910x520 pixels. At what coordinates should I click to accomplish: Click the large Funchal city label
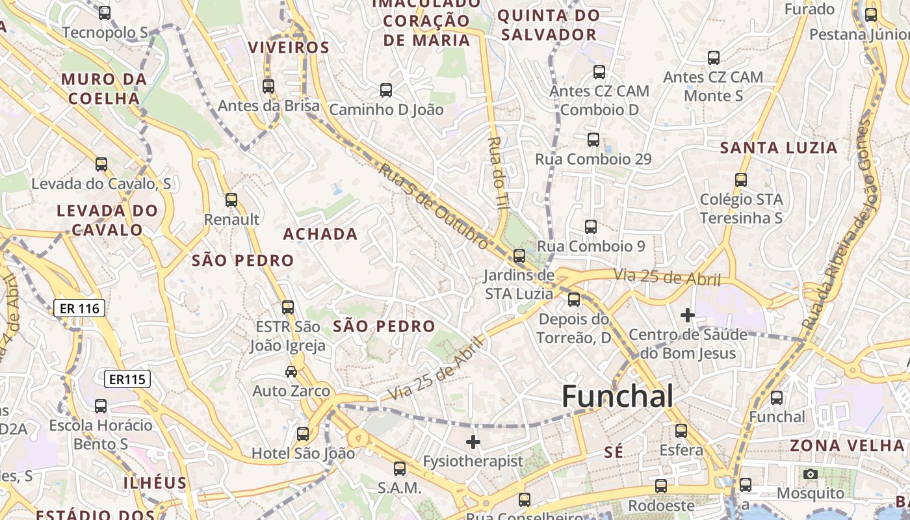click(617, 396)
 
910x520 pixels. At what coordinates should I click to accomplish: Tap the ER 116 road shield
click(79, 308)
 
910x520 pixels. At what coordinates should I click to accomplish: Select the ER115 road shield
click(127, 379)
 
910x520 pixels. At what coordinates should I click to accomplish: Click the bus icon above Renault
click(231, 200)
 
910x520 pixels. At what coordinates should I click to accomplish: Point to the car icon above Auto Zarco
click(291, 372)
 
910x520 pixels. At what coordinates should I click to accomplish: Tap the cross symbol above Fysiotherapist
click(473, 443)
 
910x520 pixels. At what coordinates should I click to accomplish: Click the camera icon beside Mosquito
click(810, 474)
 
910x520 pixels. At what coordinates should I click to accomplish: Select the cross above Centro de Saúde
click(687, 316)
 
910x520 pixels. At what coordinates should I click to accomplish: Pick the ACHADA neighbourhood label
click(320, 234)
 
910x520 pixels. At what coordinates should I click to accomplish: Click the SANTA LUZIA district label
click(779, 148)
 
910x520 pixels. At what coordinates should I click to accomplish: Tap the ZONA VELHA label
click(847, 446)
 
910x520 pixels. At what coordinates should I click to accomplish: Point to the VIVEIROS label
click(289, 47)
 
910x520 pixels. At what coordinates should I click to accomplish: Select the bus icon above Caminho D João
click(386, 90)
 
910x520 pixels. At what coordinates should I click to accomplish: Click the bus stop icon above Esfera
click(681, 431)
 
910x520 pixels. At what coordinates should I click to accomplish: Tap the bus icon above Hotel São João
click(303, 434)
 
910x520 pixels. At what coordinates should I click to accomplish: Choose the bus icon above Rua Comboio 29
click(593, 140)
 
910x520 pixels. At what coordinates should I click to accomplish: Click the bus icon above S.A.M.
click(400, 468)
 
